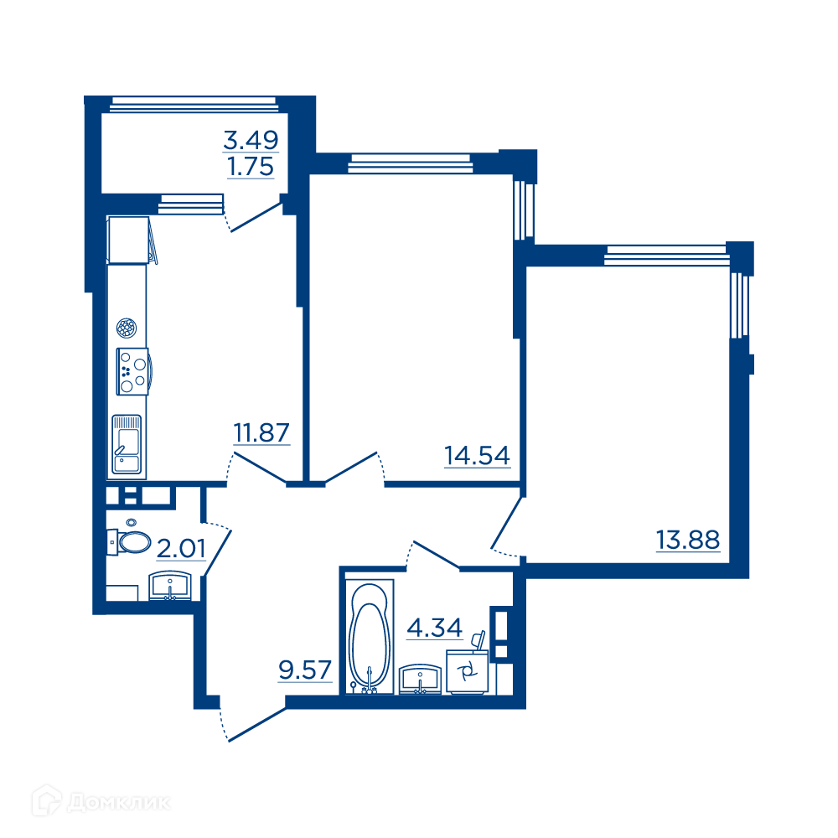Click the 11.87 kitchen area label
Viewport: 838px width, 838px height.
click(x=261, y=432)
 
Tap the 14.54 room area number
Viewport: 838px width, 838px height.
click(x=478, y=456)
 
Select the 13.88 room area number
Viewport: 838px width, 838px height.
click(x=688, y=540)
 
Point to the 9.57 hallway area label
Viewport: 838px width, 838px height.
click(x=305, y=670)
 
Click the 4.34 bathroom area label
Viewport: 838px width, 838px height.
click(x=434, y=628)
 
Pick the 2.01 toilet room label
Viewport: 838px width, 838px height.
click(x=181, y=549)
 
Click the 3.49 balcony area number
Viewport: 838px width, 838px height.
click(x=251, y=141)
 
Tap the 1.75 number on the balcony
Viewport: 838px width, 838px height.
click(x=251, y=167)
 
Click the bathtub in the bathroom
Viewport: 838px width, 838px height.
click(x=370, y=637)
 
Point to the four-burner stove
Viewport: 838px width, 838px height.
click(x=133, y=371)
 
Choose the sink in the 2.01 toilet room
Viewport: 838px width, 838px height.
click(x=170, y=586)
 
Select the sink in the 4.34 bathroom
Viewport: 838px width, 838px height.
click(x=420, y=680)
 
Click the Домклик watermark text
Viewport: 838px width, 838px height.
click(x=119, y=803)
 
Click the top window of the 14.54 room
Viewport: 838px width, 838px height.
click(x=411, y=163)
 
